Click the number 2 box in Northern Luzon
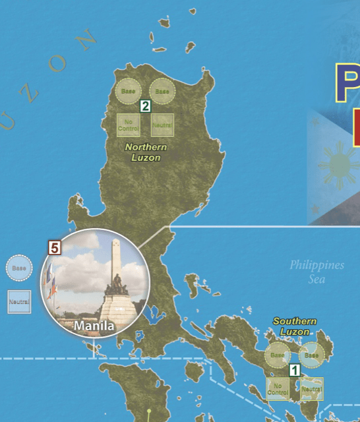point(146,105)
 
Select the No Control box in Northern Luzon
point(129,125)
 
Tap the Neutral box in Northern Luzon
point(162,125)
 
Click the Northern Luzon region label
point(146,152)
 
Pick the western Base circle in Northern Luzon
point(129,91)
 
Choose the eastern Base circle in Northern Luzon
point(162,91)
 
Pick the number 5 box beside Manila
point(55,248)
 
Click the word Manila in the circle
point(94,326)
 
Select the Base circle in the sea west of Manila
point(19,268)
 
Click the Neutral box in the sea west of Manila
point(19,301)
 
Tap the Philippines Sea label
point(316,272)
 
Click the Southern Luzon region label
point(295,326)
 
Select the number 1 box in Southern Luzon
point(294,371)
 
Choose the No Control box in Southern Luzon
point(278,389)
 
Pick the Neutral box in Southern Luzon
point(311,389)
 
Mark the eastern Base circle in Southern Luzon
point(311,355)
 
